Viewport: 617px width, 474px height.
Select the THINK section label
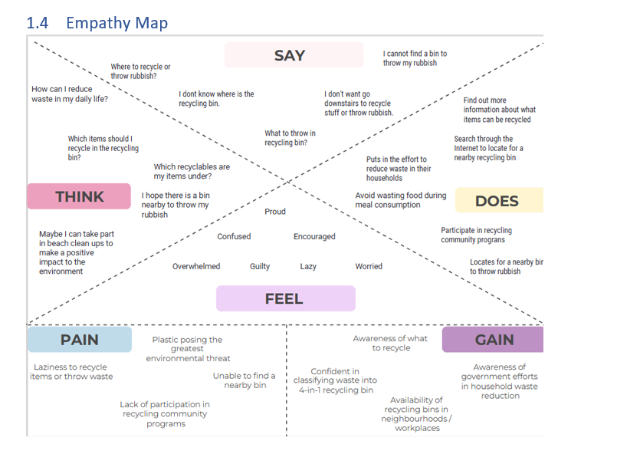point(79,196)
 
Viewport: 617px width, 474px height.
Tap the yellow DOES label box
point(498,200)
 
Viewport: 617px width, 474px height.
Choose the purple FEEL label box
point(285,298)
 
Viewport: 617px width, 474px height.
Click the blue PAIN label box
point(80,339)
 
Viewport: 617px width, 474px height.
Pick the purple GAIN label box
point(494,339)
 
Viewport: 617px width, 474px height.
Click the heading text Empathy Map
point(117,23)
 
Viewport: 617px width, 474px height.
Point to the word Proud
point(275,212)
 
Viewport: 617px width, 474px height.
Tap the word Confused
point(234,236)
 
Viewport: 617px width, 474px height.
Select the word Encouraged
point(314,236)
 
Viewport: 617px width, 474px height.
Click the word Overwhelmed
point(196,266)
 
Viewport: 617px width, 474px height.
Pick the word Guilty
point(260,266)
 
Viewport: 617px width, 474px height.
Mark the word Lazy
point(308,266)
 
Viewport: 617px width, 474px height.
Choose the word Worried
point(369,266)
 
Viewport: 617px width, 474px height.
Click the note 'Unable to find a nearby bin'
point(245,380)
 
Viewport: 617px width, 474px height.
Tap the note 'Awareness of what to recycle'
point(390,343)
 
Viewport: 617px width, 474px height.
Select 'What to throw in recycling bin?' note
point(290,138)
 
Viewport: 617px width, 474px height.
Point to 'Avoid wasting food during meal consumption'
point(400,200)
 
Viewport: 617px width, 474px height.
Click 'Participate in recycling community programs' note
point(476,235)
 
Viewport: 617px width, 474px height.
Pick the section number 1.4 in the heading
point(37,23)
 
